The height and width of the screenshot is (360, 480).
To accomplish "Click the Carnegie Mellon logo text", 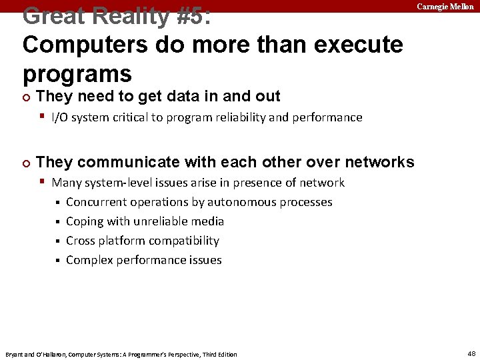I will (x=445, y=6).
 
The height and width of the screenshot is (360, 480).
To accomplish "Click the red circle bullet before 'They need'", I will (x=26, y=97).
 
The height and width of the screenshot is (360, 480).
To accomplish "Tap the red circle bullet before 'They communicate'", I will (x=26, y=162).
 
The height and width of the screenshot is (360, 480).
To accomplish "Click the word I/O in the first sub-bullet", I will (x=61, y=117).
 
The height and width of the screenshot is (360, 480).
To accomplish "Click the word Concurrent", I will (x=96, y=202).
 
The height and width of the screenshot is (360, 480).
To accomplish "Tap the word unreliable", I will (x=159, y=221).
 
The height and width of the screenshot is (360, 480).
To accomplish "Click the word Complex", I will (x=89, y=260).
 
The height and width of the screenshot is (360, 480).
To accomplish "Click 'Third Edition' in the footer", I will (x=219, y=354).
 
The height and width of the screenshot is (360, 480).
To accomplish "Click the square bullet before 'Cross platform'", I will (x=57, y=241).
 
